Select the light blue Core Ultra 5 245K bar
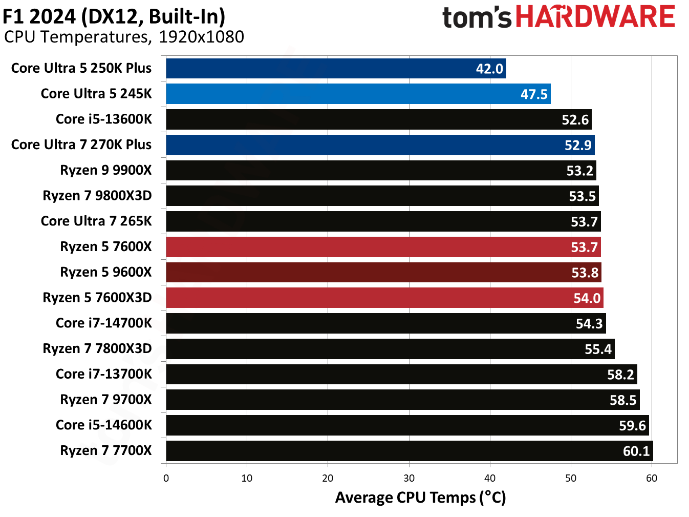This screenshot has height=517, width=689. pos(358,94)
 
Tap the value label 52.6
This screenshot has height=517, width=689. pos(575,119)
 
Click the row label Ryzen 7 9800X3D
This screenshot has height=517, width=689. pos(97,195)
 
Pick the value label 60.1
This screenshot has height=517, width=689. pos(636,451)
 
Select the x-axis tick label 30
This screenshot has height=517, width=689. pos(408,478)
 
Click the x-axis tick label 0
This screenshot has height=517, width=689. pos(166,478)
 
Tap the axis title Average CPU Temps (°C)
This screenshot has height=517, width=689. pos(420,498)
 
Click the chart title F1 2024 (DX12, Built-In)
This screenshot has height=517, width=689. pos(114,16)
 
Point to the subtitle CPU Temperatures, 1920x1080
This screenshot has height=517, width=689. pos(124,37)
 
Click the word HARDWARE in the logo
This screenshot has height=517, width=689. pos(595,16)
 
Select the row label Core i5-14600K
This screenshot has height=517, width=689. pos(104,425)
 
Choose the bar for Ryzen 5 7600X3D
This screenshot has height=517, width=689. pos(384,298)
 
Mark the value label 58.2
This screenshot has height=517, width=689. pos(620,375)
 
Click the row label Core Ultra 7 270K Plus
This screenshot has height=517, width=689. pos(81,144)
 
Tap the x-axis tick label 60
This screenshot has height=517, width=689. pos(651,478)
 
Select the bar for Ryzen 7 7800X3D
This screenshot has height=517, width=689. pos(390,349)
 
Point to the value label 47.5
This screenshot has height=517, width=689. pos(534,94)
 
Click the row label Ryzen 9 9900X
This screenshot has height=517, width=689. pos(106,170)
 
